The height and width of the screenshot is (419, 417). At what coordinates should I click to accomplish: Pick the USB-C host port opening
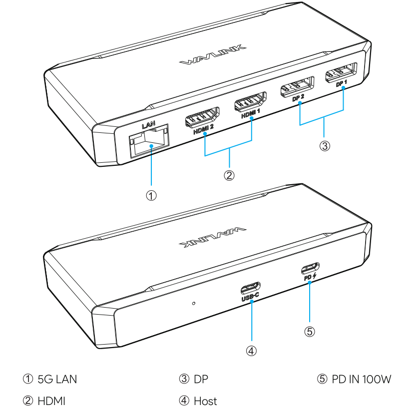click(x=250, y=288)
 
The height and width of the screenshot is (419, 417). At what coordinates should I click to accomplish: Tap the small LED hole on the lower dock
click(x=194, y=303)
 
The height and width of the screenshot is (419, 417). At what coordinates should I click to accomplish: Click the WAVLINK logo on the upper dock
click(x=213, y=55)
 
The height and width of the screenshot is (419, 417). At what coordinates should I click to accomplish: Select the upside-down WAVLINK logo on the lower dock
click(x=213, y=238)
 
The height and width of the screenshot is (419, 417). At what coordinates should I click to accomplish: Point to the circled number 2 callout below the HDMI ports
click(x=229, y=175)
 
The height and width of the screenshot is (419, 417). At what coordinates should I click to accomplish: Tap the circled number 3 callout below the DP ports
click(x=325, y=146)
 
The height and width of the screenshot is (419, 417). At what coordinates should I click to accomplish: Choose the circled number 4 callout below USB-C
click(x=251, y=351)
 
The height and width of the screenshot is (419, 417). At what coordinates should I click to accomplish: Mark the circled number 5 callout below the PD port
click(x=310, y=332)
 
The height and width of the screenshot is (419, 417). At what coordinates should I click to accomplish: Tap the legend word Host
click(x=205, y=401)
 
